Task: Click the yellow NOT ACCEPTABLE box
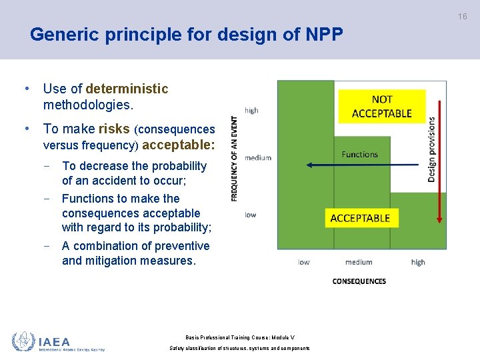coord(381,107)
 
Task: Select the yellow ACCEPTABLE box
coord(360,218)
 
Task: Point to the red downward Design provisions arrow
coord(439,160)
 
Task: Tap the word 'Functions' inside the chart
coord(360,154)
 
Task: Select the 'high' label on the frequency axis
coord(251,111)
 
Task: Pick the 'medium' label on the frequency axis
coord(258,158)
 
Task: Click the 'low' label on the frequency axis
coord(250,215)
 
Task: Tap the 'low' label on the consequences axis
coord(304,262)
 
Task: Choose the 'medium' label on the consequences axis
coord(359,262)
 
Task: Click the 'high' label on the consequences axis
coord(418,262)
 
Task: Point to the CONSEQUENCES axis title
coord(359,281)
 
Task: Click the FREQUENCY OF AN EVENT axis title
coord(235,159)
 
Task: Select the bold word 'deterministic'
coord(127,89)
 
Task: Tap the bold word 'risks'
coord(113,129)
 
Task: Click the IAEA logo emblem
coord(23,341)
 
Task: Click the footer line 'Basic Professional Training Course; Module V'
coord(239,337)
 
